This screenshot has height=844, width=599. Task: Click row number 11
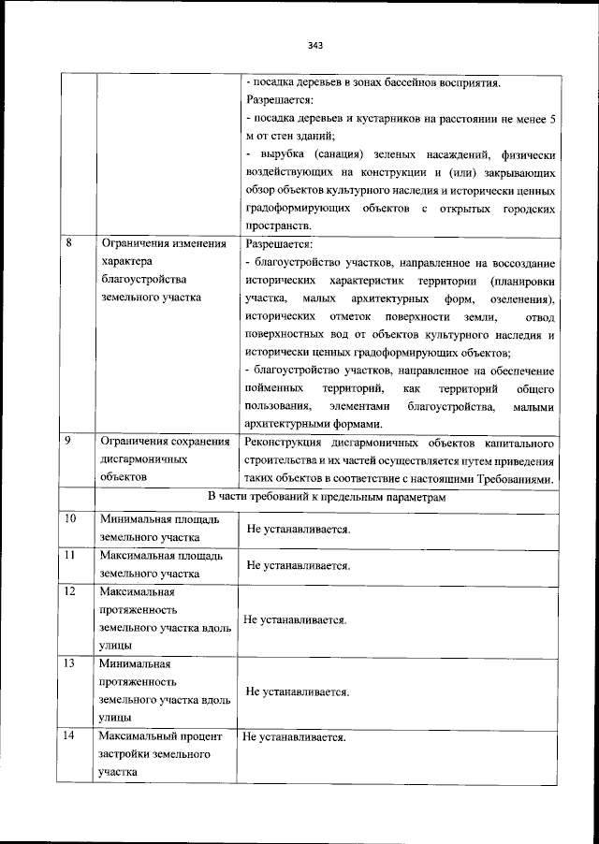[x=69, y=556]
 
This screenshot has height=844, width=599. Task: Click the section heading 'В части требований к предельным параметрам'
[x=327, y=497]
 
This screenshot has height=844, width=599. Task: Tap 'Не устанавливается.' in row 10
[x=299, y=530]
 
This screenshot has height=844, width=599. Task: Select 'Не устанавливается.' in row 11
[x=299, y=566]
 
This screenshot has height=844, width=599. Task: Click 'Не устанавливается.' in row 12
[x=296, y=619]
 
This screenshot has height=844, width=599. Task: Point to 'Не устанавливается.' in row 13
[x=299, y=692]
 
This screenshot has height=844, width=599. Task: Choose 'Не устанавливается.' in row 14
[x=295, y=737]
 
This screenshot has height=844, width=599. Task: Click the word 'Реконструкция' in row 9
[x=283, y=442]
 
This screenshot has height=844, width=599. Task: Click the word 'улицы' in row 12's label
[x=114, y=645]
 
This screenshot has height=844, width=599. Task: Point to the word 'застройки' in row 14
[x=123, y=754]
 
